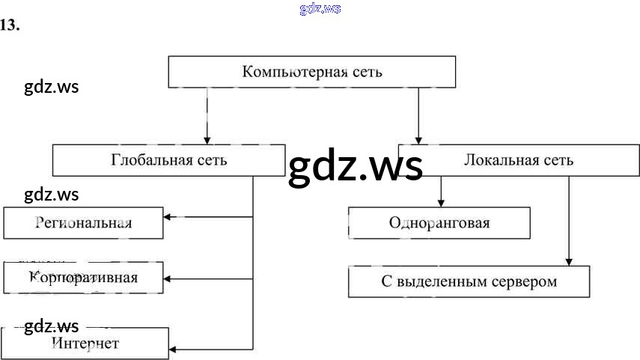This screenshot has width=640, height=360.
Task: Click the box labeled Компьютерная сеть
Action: [x=311, y=72]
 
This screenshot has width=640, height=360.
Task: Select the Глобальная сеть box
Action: [x=168, y=160]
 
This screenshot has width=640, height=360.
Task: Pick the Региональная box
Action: [x=83, y=223]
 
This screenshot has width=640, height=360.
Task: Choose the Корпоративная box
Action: [x=83, y=278]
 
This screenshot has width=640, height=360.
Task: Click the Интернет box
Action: [x=85, y=344]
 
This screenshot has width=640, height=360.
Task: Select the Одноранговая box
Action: [x=439, y=223]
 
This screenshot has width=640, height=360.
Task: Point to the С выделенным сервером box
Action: [x=469, y=282]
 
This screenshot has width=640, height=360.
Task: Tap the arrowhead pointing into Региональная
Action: [x=168, y=217]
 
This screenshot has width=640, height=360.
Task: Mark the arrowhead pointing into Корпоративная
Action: [x=168, y=278]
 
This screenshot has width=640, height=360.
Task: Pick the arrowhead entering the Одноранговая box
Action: [x=441, y=203]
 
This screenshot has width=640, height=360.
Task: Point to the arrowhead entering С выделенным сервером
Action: [x=569, y=261]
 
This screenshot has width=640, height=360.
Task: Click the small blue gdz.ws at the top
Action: [x=320, y=9]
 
